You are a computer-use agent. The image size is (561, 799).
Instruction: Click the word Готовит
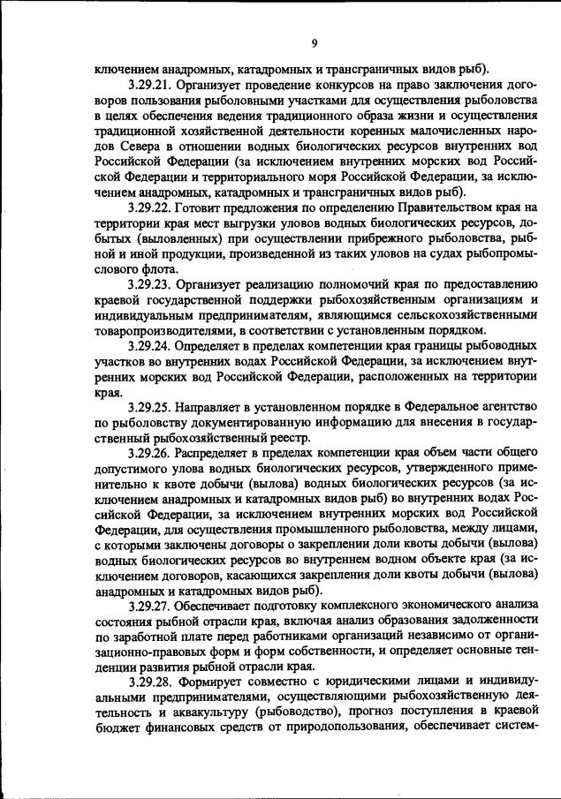pyautogui.click(x=199, y=207)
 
